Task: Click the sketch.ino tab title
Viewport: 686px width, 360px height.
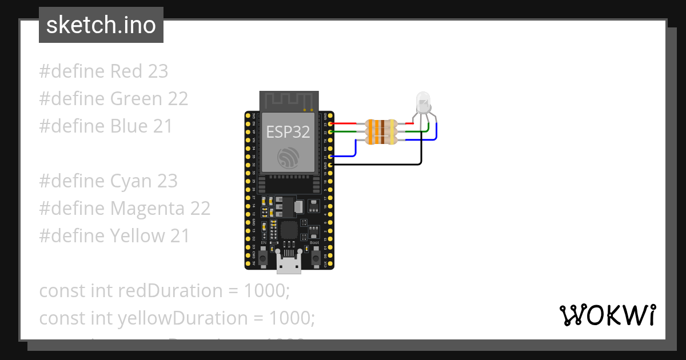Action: [x=101, y=25]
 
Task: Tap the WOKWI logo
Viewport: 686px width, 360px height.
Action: [x=607, y=315]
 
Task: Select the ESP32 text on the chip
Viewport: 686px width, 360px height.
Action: [x=288, y=132]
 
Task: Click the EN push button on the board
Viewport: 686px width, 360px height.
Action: [x=263, y=258]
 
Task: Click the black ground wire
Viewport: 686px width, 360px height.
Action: [x=377, y=165]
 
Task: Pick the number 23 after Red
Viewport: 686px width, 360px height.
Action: [x=158, y=71]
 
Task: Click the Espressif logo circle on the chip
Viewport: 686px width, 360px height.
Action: [x=288, y=157]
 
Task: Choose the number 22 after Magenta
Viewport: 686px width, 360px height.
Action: [x=201, y=209]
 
